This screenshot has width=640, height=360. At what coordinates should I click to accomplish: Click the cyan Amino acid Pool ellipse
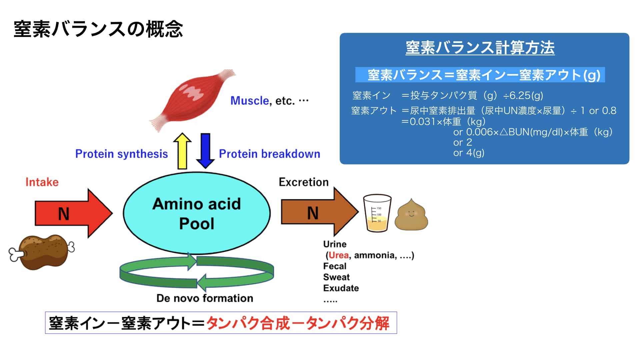click(197, 213)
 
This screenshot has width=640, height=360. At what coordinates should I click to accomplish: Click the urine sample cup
click(377, 213)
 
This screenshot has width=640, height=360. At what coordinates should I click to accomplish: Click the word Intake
click(42, 182)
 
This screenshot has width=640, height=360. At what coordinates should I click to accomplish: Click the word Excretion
click(303, 182)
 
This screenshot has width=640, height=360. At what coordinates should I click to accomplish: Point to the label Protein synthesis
click(121, 154)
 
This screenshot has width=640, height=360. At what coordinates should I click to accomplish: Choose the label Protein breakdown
click(269, 154)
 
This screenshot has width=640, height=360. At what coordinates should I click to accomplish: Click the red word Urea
click(338, 255)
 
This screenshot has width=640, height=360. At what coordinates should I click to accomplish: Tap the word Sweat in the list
click(336, 277)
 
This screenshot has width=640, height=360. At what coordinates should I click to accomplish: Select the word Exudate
click(341, 288)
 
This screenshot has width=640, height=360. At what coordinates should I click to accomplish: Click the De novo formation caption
click(205, 298)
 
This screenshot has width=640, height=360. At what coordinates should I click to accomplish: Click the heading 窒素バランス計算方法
click(480, 48)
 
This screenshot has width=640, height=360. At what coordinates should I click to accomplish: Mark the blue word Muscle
click(249, 101)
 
